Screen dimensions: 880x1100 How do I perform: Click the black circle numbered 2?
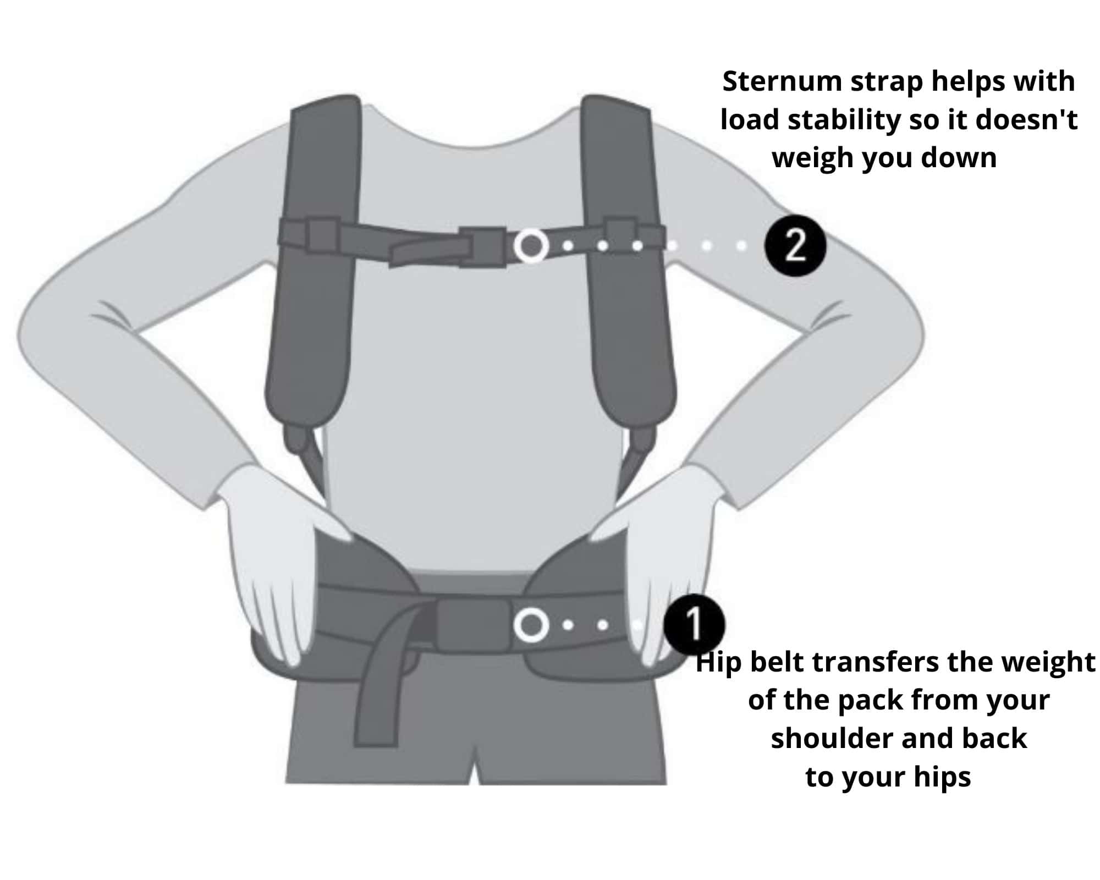[795, 245]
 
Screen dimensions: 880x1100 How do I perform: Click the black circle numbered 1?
[694, 624]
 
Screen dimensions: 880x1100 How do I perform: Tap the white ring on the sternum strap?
[531, 245]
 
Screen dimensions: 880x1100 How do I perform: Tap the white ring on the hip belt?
[531, 625]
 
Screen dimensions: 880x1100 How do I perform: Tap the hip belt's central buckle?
[473, 625]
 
